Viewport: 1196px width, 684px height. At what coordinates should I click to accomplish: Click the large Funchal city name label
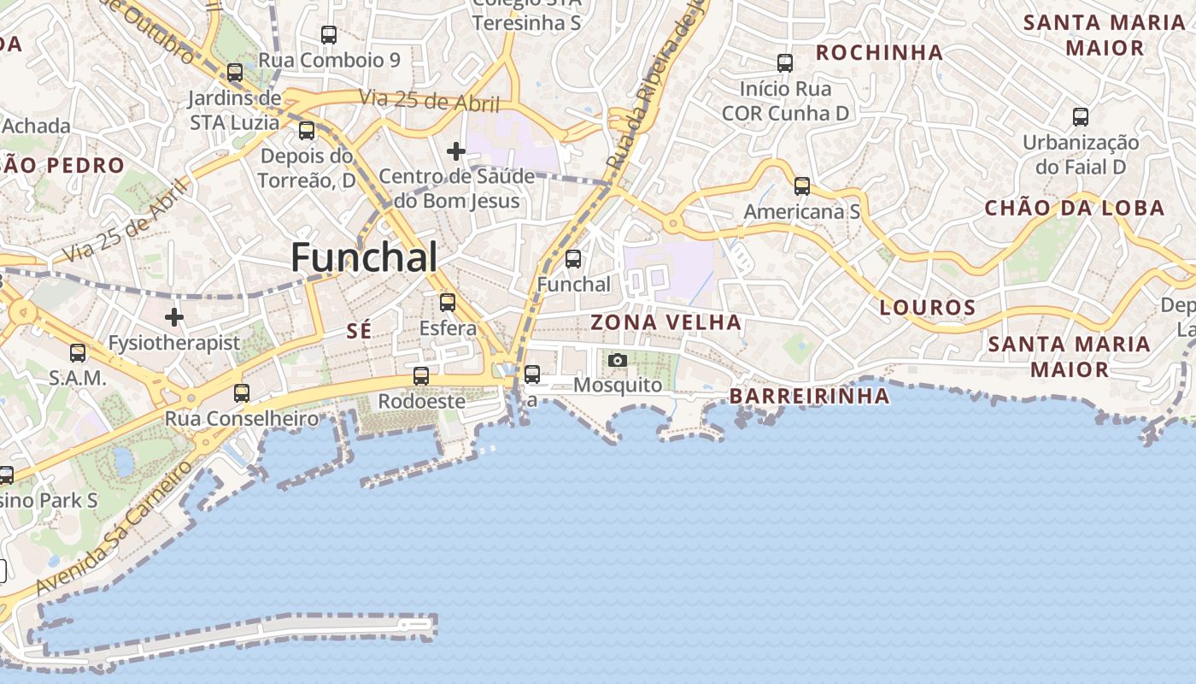[365, 257]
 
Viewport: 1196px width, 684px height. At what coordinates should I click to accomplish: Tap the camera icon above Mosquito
[618, 360]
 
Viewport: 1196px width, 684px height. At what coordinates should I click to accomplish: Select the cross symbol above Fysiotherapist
[174, 317]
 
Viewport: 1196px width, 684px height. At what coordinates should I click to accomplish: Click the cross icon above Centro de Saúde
[456, 151]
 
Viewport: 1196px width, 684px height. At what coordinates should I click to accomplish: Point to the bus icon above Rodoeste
[421, 375]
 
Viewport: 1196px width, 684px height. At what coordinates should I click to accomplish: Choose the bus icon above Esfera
[448, 302]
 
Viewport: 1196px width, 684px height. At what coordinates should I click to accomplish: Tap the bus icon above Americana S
[801, 186]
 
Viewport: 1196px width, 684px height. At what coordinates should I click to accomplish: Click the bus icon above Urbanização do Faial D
[1081, 116]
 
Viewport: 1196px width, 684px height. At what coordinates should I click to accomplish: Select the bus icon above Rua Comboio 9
[329, 35]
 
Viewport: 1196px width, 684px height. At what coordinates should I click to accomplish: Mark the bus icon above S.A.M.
[78, 352]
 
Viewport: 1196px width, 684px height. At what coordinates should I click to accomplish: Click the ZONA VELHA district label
[666, 322]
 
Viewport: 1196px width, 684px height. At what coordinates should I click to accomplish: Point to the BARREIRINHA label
[809, 396]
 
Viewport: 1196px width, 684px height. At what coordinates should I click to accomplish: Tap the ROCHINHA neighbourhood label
[879, 53]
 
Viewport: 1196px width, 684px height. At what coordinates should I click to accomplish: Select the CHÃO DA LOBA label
[1075, 208]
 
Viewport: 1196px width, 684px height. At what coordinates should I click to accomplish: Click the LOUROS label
[928, 308]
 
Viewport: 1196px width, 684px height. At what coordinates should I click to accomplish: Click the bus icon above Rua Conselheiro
[242, 393]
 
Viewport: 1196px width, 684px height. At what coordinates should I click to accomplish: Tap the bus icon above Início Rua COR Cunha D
[785, 62]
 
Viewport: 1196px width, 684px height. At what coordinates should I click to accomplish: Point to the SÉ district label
[360, 332]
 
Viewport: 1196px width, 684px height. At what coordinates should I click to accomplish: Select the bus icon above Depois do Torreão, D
[307, 131]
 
